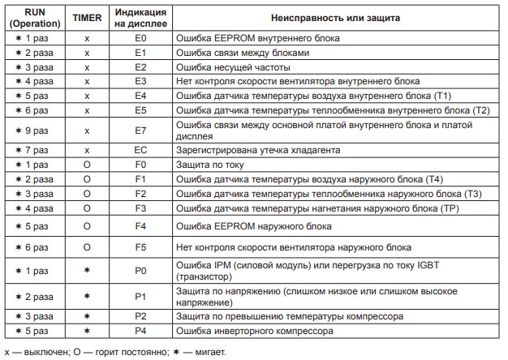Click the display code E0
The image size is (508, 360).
(x=140, y=38)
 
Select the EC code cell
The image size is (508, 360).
(x=140, y=150)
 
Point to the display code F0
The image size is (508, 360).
(x=140, y=165)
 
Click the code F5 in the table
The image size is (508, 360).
(x=140, y=246)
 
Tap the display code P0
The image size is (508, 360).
(x=140, y=268)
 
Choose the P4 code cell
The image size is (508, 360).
(x=140, y=331)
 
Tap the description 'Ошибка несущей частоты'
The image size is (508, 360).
(x=227, y=67)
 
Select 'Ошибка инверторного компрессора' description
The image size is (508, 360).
(x=252, y=331)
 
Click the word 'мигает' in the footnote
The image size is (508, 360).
(x=209, y=352)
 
